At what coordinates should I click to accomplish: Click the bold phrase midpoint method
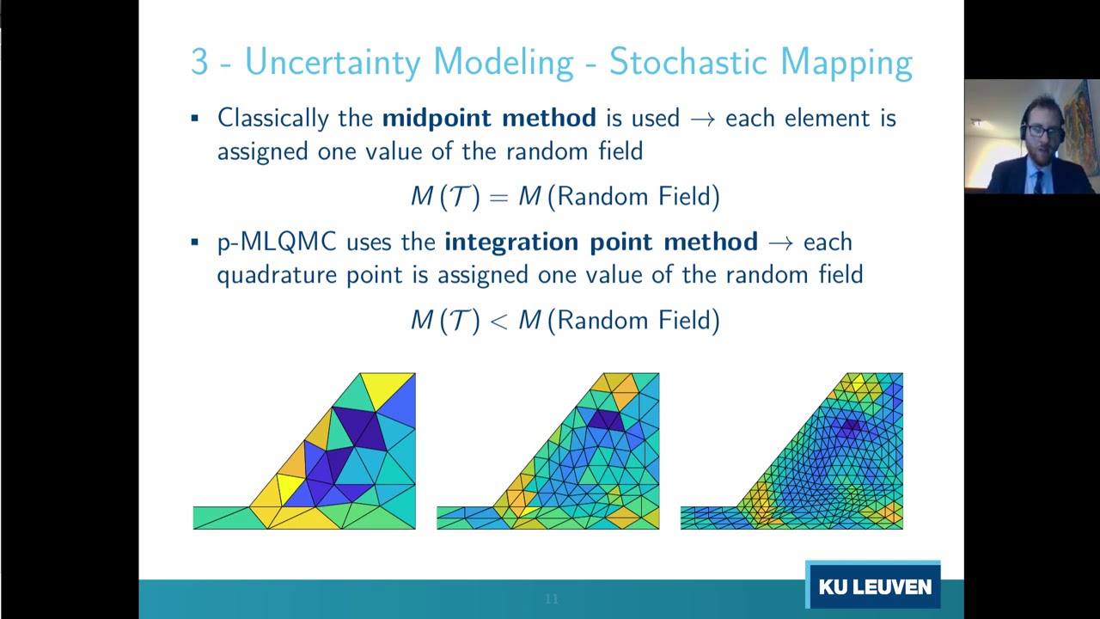tap(489, 118)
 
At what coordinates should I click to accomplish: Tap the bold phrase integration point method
tap(601, 242)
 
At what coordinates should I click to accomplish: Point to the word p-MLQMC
tap(277, 242)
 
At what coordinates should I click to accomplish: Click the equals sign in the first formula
tap(498, 197)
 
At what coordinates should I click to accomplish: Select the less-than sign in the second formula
tap(498, 321)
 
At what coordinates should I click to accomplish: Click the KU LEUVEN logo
tap(874, 587)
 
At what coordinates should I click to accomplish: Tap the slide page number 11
tap(552, 598)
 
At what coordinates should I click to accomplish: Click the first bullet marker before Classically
tap(195, 119)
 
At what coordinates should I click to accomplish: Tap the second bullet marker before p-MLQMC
tap(195, 242)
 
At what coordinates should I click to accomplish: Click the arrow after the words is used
tap(702, 119)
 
